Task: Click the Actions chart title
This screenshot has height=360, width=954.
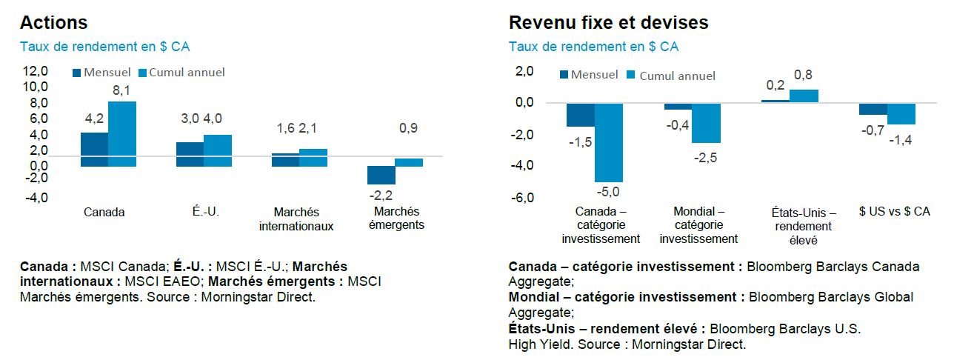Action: (x=53, y=23)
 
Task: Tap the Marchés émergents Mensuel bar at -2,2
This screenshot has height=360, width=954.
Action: (x=381, y=175)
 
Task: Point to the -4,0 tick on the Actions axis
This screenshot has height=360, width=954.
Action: (x=36, y=198)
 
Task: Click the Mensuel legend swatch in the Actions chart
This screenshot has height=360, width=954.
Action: (x=76, y=73)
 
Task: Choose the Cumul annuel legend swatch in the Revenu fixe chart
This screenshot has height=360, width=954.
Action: (x=632, y=76)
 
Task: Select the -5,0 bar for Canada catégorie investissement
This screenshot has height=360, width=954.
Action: (x=610, y=142)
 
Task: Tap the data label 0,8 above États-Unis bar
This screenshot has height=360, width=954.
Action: (x=803, y=74)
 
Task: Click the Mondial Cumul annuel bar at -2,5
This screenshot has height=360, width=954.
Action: (x=707, y=123)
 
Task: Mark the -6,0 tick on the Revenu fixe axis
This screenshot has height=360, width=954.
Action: (x=524, y=198)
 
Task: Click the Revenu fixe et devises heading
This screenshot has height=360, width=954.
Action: (x=608, y=23)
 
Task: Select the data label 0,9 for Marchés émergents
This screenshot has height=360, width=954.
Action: (x=408, y=128)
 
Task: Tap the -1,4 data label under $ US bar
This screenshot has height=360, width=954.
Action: (x=901, y=139)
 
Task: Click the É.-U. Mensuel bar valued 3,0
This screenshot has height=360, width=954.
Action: (x=190, y=154)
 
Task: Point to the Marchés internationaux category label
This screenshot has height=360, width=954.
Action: (x=296, y=219)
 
